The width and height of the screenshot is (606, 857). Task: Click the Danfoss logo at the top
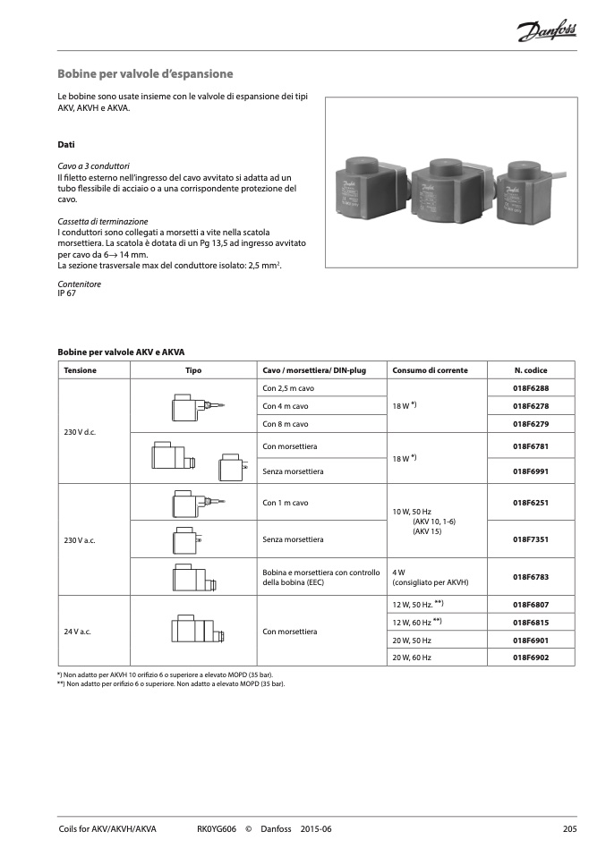[x=546, y=33]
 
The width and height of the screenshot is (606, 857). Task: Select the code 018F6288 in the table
[x=530, y=388]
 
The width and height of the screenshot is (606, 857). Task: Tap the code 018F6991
[x=530, y=471]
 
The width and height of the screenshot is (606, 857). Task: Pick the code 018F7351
[x=530, y=539]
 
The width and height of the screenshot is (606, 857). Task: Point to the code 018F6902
[x=530, y=658]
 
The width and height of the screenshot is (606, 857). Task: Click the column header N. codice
[x=530, y=370]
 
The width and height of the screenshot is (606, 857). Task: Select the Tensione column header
[x=80, y=370]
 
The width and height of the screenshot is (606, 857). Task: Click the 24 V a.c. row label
[x=78, y=632]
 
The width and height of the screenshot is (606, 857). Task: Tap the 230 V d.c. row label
[x=80, y=432]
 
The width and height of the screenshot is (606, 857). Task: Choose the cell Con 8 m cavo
[x=286, y=424]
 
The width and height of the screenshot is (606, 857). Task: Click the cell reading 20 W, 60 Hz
[x=412, y=658]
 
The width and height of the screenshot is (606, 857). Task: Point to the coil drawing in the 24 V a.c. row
[x=192, y=631]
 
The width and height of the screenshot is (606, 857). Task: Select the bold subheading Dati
[x=65, y=144]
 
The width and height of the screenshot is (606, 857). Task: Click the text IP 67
[x=66, y=293]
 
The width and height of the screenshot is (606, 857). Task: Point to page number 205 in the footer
[x=569, y=829]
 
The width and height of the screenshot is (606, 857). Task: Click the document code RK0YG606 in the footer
[x=216, y=829]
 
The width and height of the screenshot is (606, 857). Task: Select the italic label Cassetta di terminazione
[x=103, y=221]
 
